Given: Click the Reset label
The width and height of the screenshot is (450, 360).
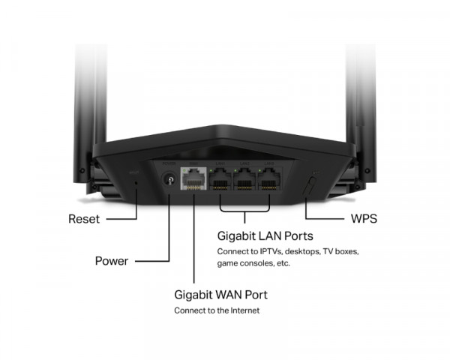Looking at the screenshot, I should point(82,220).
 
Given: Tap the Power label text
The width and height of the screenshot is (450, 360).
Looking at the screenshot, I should point(110,261).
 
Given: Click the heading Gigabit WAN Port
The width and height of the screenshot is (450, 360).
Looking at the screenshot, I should point(220,294).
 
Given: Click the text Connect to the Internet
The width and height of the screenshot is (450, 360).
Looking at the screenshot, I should point(217,310).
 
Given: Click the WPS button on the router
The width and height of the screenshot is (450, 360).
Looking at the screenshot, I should point(311,184).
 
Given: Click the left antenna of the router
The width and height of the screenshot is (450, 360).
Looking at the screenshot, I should point(82,97).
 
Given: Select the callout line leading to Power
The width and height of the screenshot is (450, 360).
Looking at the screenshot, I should point(150,261).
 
